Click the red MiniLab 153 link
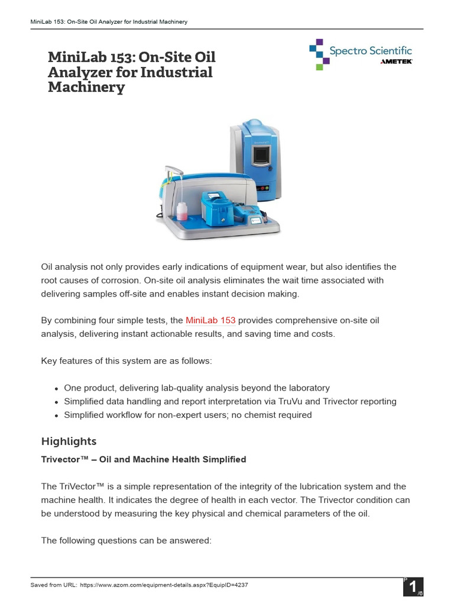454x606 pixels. (x=210, y=320)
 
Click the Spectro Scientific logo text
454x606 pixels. (x=371, y=51)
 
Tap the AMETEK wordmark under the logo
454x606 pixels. (x=395, y=62)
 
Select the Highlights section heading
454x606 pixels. (x=69, y=441)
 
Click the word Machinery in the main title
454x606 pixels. (x=86, y=88)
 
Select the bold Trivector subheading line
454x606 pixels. (x=144, y=459)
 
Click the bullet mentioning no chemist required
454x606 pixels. (x=187, y=415)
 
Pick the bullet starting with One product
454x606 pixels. (x=197, y=388)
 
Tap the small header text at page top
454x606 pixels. (x=109, y=22)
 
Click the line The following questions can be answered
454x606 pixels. (x=126, y=540)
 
